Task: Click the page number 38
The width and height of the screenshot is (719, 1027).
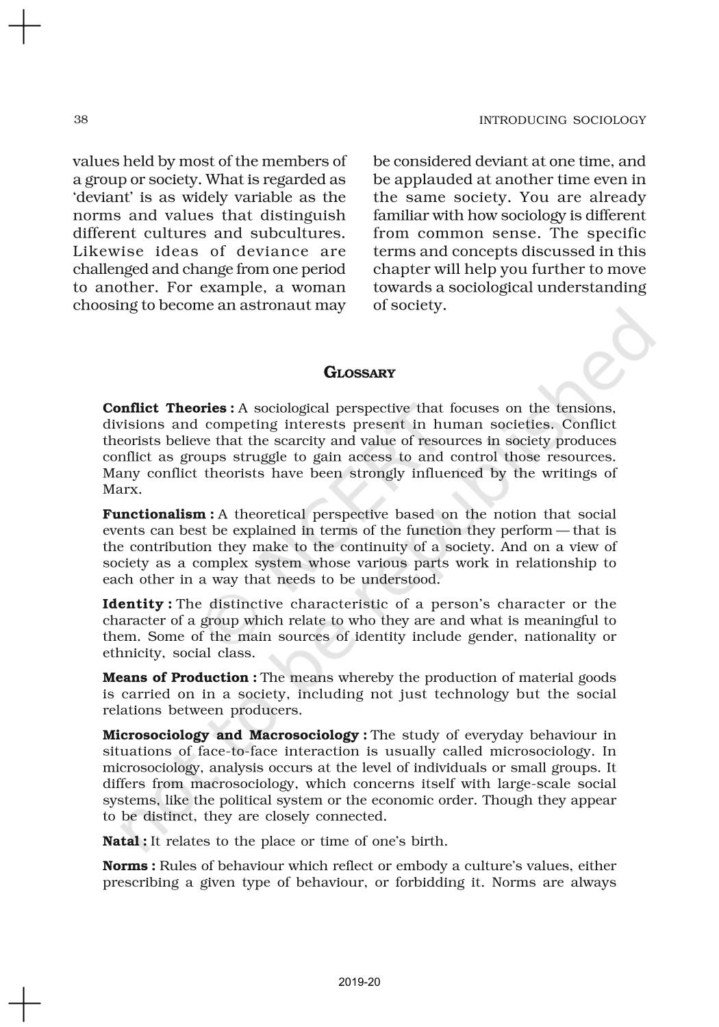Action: [80, 120]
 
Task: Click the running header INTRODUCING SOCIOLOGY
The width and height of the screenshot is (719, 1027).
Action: [562, 121]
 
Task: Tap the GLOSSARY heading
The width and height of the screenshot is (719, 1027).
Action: [359, 373]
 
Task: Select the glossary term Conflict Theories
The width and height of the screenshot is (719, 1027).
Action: [164, 408]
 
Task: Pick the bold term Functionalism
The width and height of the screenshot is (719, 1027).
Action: [154, 514]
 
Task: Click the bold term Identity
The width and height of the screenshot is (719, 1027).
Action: [133, 604]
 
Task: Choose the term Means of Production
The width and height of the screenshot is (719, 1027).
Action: [175, 677]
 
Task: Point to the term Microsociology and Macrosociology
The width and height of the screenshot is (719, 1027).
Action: [230, 735]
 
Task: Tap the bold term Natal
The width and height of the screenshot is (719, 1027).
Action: [121, 841]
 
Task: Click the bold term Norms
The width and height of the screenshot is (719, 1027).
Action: [124, 865]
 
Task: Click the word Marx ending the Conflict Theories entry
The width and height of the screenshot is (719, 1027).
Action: [121, 490]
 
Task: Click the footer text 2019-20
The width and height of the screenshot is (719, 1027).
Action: [359, 982]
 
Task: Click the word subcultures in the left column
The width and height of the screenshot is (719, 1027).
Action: [306, 233]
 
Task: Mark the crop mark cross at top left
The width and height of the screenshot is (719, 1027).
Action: [24, 27]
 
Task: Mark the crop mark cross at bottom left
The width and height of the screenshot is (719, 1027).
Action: [24, 1003]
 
